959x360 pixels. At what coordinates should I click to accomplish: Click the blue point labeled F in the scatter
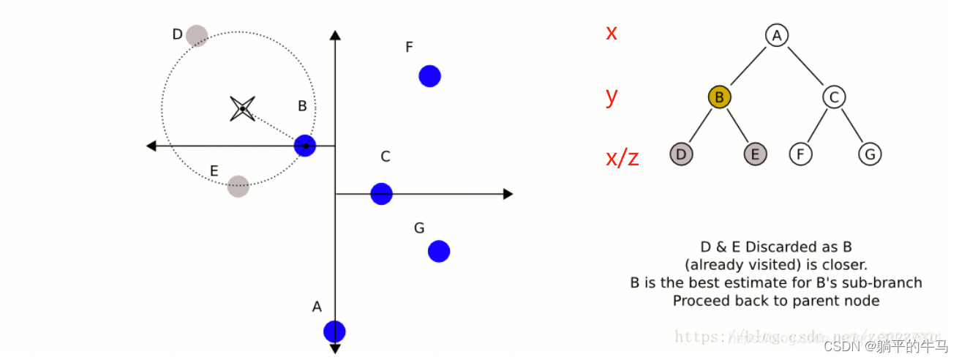pos(429,75)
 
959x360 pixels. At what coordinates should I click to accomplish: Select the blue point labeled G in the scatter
pos(439,251)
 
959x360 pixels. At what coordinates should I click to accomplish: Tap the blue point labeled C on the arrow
pos(381,194)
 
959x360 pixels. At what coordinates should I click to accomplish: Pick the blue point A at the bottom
pos(334,331)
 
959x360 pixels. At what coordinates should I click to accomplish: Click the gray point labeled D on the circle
pos(197,35)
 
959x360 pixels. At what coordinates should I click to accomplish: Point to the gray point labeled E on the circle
pos(238,186)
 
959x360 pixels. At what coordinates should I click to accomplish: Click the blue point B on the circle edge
pos(305,146)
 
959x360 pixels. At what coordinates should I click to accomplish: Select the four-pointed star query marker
pos(242,109)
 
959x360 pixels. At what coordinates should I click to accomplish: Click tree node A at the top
pos(776,35)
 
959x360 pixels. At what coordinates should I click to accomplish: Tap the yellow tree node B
pos(719,96)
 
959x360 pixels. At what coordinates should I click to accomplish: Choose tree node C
pos(833,96)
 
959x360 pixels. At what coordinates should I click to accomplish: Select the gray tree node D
pos(681,154)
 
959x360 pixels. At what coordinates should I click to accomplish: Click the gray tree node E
pos(756,154)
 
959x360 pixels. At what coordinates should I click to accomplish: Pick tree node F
pos(801,154)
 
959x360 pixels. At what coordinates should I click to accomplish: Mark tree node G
pos(870,154)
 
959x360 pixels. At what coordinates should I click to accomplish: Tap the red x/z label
pos(623,157)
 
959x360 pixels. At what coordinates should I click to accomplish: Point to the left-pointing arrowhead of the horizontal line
pos(151,146)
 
